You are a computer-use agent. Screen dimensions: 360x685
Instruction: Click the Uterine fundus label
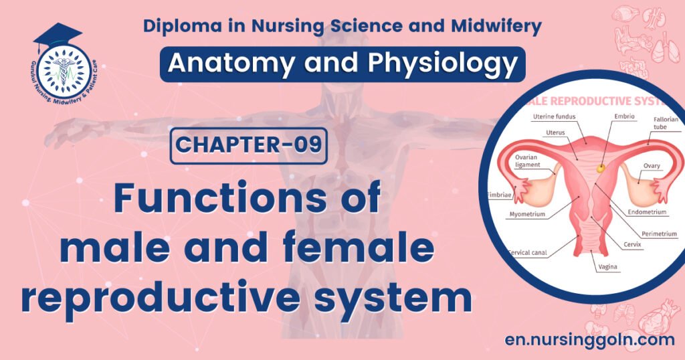[x=552, y=116]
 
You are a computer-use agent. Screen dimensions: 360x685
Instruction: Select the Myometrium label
[x=528, y=215]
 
